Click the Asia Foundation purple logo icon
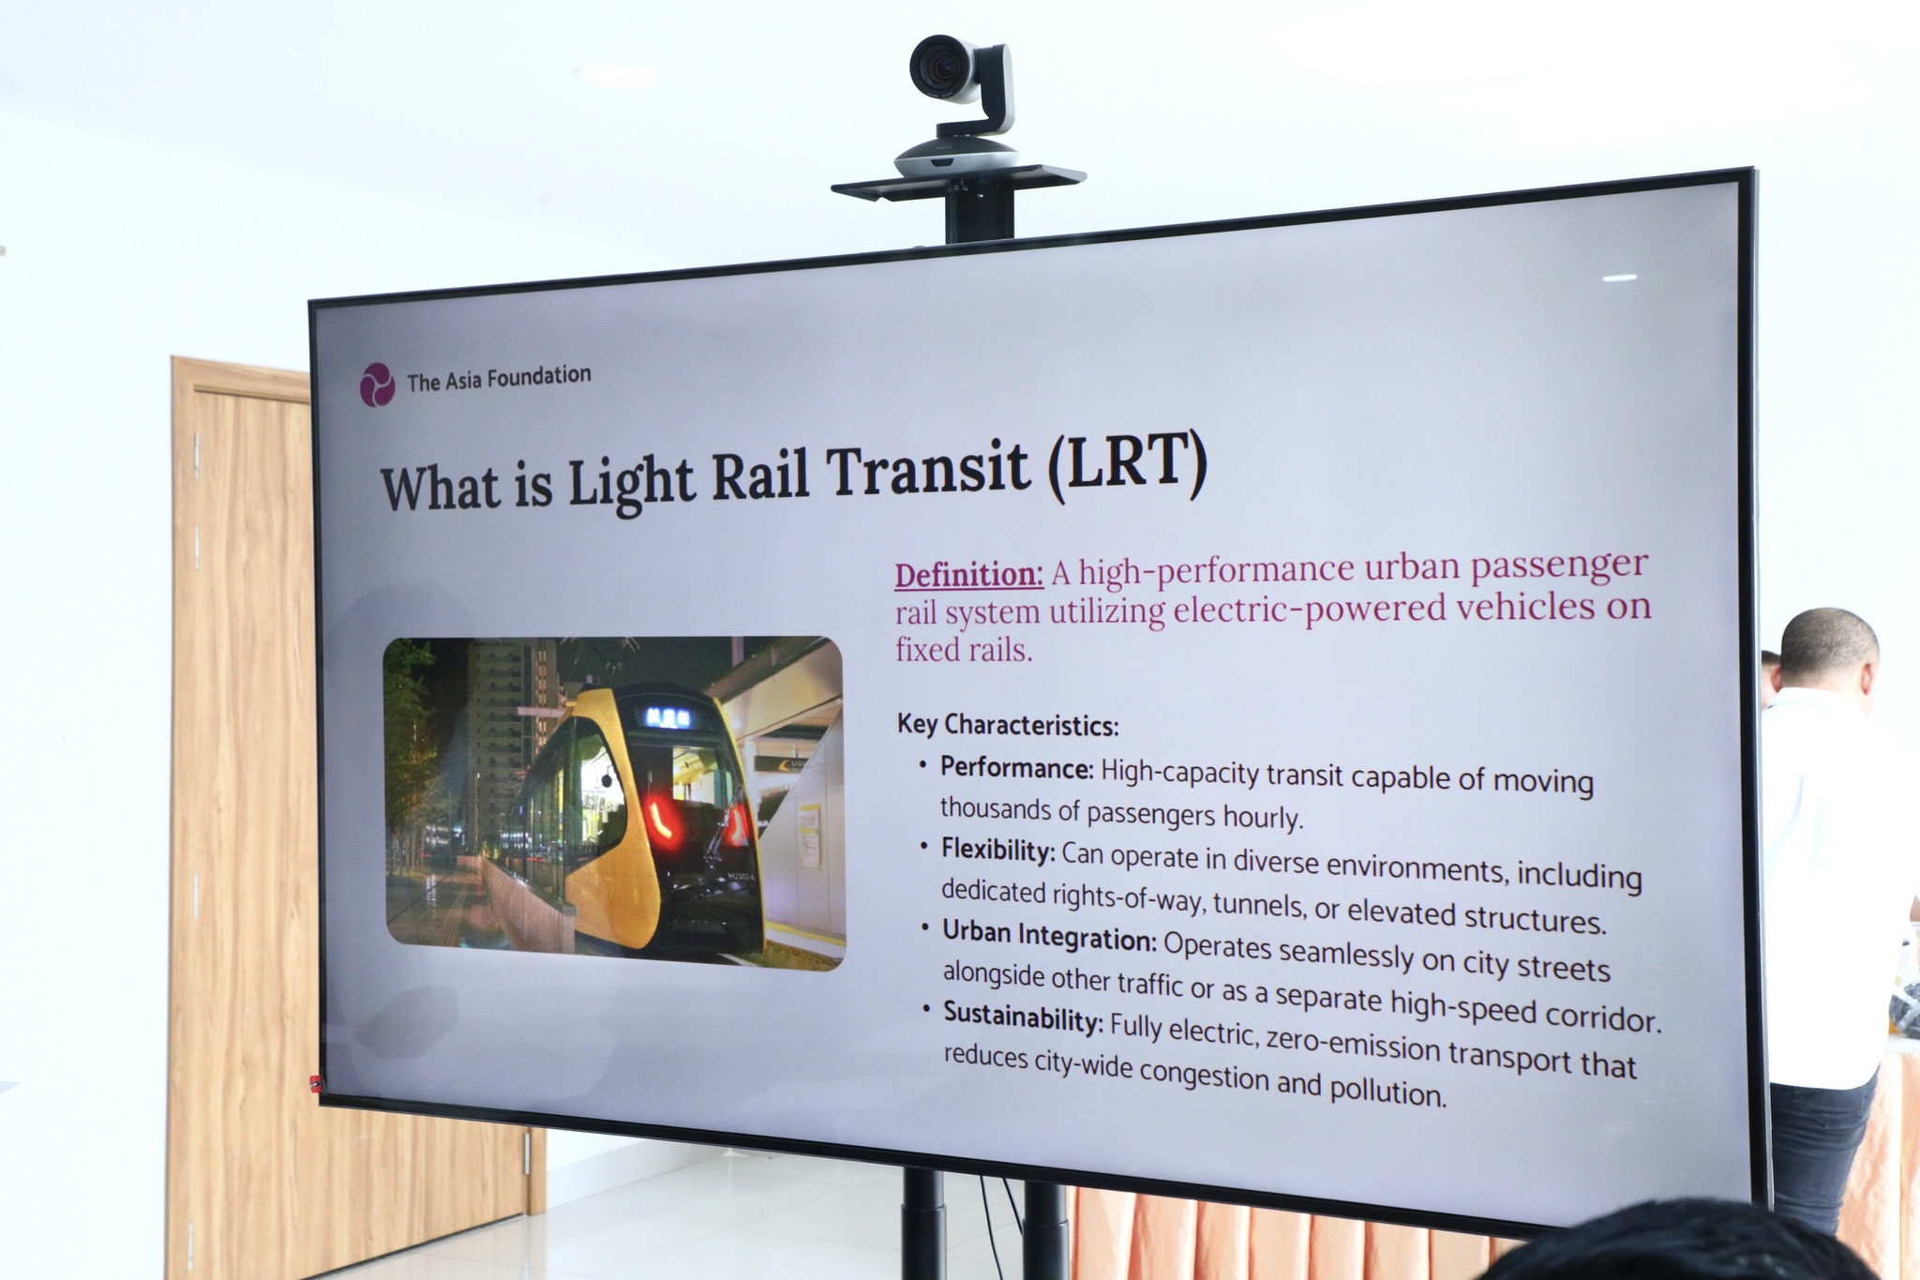(377, 384)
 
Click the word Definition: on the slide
(969, 574)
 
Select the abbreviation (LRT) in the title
(1125, 464)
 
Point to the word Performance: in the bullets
(1017, 768)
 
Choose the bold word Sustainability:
(1024, 1018)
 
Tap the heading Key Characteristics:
(1008, 725)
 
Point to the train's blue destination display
(667, 717)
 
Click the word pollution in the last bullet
(1387, 1090)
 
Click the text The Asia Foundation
(499, 378)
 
